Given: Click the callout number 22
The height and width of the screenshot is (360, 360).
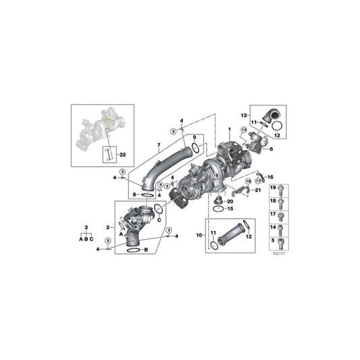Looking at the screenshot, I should [x=122, y=155].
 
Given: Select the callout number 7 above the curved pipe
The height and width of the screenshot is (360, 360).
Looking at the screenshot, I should [x=159, y=145].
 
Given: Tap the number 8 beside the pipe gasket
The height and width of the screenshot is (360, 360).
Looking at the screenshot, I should [x=134, y=195].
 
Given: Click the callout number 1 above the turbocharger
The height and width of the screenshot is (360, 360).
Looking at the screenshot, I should [x=229, y=128].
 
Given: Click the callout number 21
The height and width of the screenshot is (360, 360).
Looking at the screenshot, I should [x=258, y=190].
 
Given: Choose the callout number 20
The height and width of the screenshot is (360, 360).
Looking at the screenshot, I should [x=229, y=201].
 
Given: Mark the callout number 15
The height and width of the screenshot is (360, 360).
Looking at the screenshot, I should [x=229, y=209].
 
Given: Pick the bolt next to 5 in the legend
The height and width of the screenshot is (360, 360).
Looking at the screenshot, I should [x=282, y=241].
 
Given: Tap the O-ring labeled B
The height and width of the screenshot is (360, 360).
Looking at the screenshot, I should [x=133, y=249].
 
